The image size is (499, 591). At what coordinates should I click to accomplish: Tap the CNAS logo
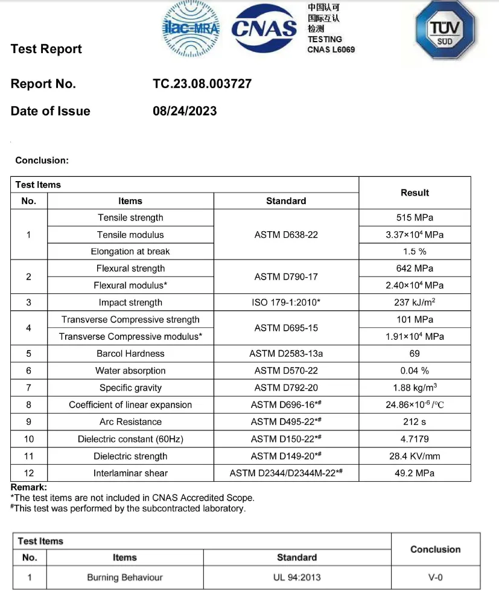pos(265,28)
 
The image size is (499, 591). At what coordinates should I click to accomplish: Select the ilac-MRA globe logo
pos(191,28)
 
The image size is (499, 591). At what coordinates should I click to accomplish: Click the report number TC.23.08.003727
pos(202,84)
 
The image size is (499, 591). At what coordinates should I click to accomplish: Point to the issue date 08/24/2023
pos(185,111)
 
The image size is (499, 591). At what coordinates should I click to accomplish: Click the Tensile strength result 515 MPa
pos(415,218)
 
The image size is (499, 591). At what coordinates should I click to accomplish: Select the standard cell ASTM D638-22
pos(286,235)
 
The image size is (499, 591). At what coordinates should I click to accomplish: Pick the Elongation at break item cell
pos(130,252)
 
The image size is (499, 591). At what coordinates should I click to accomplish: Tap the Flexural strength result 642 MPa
pos(415,269)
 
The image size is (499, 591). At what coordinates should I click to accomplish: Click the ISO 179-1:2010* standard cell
pos(286,302)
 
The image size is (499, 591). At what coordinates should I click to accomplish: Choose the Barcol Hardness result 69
pos(415,354)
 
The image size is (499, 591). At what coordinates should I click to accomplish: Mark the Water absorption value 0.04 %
pos(415,371)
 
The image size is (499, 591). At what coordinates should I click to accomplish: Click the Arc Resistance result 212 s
pos(415,422)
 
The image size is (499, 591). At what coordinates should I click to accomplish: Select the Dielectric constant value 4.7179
pos(415,439)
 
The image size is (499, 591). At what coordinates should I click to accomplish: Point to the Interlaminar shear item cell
pos(130,473)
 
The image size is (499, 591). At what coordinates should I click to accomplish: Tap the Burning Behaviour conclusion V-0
pos(436,578)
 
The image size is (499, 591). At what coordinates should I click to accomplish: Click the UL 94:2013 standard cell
pos(297,578)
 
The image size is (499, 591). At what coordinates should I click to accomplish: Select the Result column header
pos(415,193)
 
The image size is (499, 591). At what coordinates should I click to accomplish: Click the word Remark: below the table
pos(29,487)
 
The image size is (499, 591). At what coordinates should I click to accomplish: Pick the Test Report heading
pos(46,50)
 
